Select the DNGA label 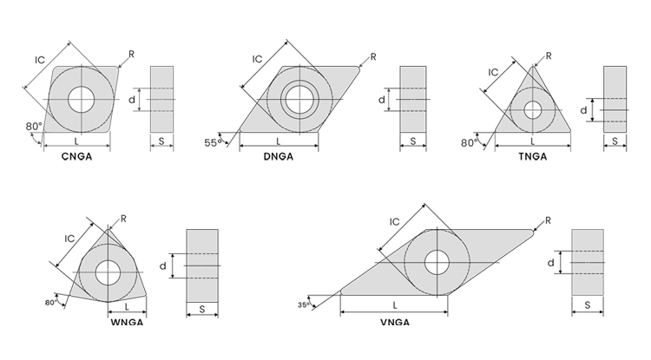pyautogui.click(x=279, y=157)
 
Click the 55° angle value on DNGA pyautogui.click(x=213, y=141)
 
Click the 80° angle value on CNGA pyautogui.click(x=33, y=127)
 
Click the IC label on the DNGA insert pyautogui.click(x=258, y=59)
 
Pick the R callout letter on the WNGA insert pyautogui.click(x=123, y=219)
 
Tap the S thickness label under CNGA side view pyautogui.click(x=161, y=141)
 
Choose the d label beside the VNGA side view pyautogui.click(x=551, y=262)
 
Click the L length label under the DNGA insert pyautogui.click(x=278, y=141)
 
